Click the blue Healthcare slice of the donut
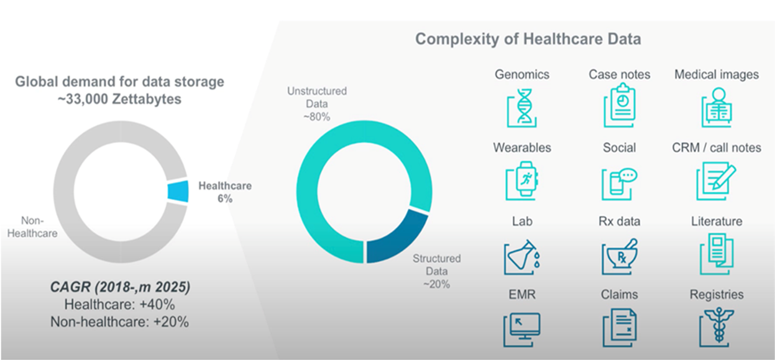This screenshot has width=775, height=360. point(178,191)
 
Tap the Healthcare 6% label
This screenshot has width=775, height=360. point(225,192)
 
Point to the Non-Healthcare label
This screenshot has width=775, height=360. point(32,227)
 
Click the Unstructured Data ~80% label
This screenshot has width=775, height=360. point(317,104)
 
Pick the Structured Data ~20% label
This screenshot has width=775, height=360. point(437,271)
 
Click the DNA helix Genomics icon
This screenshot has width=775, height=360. point(522,108)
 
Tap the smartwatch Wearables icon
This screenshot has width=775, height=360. point(522,181)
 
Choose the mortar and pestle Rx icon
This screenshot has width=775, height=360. point(620,257)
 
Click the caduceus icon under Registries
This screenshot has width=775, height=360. point(716,327)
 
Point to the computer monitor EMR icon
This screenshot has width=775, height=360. point(522,330)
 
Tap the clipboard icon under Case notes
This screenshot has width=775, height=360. point(620,105)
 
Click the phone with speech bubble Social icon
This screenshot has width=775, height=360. point(620,184)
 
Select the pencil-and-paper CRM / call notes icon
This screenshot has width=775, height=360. point(716,181)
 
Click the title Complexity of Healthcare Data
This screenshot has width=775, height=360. point(528,39)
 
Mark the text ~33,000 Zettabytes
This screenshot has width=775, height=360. point(119,99)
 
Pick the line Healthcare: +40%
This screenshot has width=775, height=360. point(120,305)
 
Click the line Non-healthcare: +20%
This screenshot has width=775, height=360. point(120,322)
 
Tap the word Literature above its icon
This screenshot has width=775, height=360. point(717,221)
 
